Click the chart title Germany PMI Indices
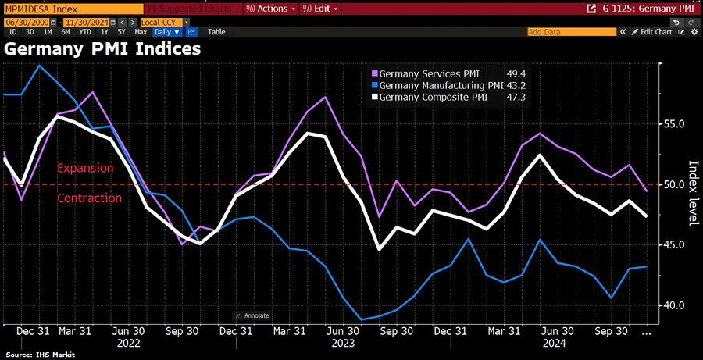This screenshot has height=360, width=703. [102, 48]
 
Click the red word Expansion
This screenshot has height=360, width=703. [85, 168]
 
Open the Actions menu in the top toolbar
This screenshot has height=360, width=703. [271, 9]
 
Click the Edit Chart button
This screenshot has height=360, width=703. [655, 32]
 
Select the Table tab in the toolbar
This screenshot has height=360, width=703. [216, 32]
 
